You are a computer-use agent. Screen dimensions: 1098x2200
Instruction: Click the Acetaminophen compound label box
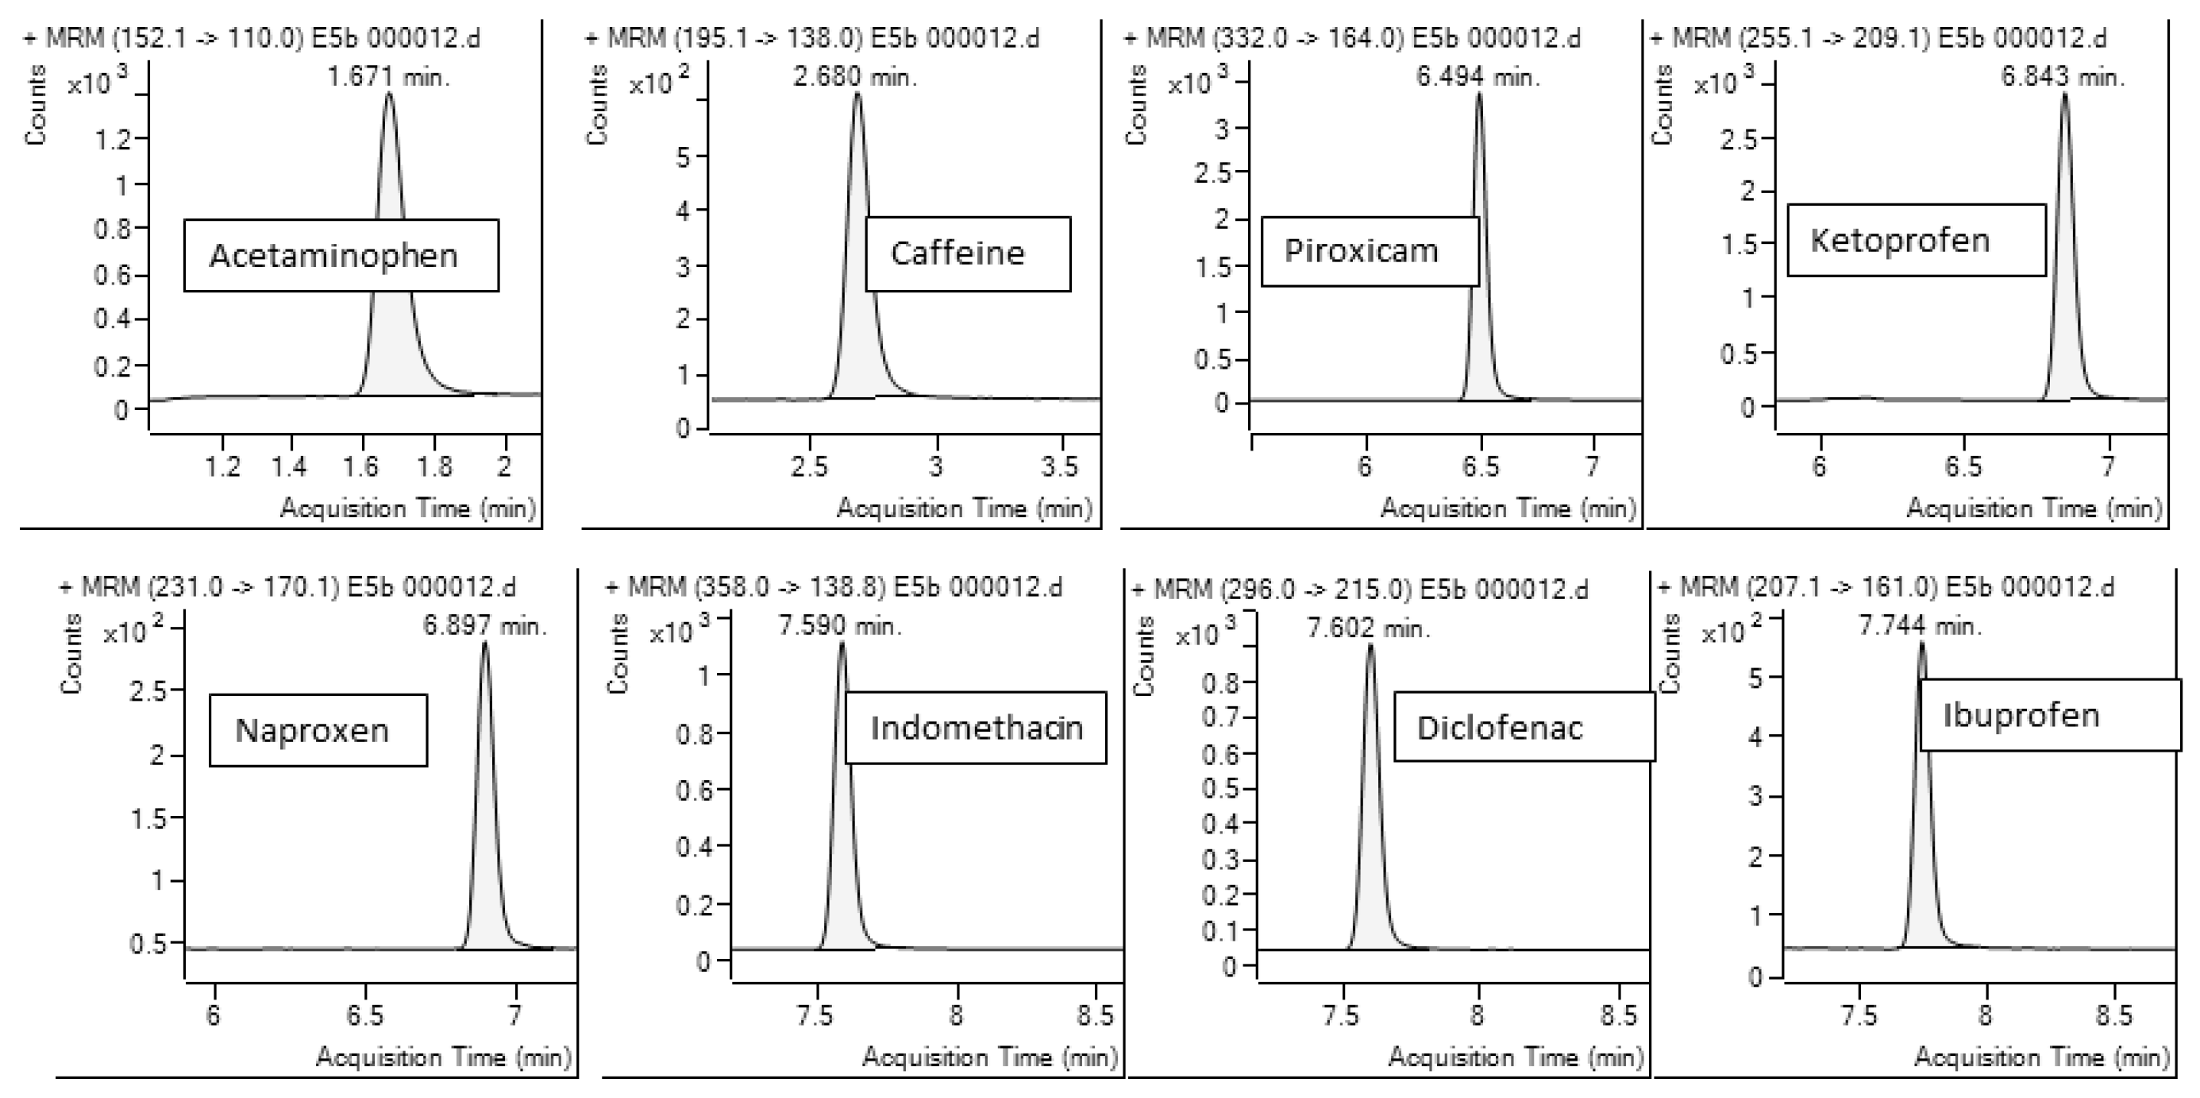pos(341,256)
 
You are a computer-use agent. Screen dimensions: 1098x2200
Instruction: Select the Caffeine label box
pos(967,253)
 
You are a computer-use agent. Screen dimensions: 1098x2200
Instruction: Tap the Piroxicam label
pos(1369,251)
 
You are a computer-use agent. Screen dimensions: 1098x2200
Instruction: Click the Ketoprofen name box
pos(1916,240)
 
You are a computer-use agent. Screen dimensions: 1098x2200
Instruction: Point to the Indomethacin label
pos(975,728)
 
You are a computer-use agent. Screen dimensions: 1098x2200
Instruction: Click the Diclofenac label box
pos(1524,728)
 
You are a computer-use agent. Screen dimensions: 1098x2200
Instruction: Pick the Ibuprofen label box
pos(2050,715)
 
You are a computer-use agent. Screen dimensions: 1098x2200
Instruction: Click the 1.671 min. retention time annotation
pos(388,78)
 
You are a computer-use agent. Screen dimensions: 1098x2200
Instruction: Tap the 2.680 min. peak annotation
pos(855,78)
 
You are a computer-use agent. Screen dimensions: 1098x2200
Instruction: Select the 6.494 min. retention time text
pos(1478,78)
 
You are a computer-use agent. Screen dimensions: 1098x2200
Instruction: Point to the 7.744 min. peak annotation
pos(1920,626)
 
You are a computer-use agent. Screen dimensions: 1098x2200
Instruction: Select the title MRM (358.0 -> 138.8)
pos(834,588)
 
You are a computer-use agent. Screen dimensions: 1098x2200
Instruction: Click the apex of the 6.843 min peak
pos(2065,94)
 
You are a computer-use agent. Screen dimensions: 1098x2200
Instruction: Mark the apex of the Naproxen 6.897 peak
pos(485,644)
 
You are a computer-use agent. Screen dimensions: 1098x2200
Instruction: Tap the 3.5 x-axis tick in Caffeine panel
pos(1060,466)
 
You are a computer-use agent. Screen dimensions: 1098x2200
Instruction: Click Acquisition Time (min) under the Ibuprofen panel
pos(2041,1057)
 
